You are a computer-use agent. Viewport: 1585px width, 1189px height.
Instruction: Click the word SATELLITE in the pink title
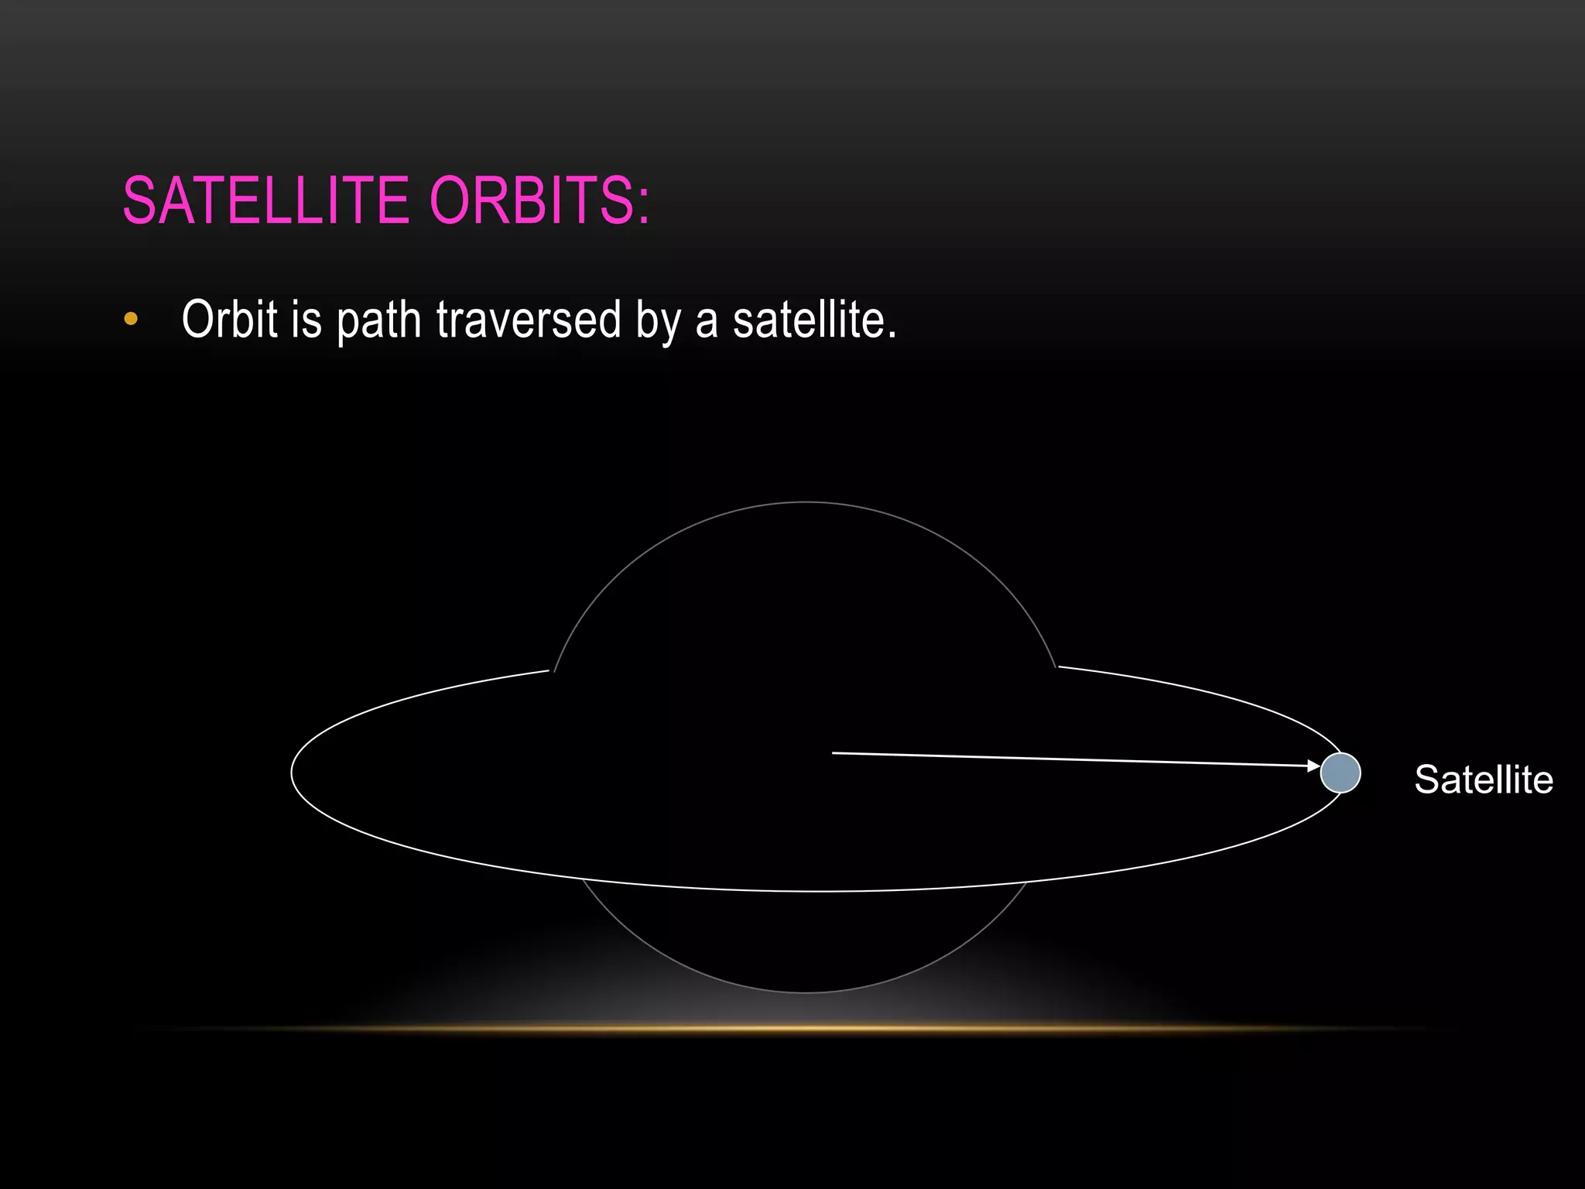[x=265, y=200]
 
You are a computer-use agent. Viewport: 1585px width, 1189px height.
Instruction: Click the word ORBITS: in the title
[x=539, y=200]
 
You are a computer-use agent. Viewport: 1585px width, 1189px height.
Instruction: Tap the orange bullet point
[x=131, y=319]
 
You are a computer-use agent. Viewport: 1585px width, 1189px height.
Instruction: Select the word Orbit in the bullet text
[x=229, y=319]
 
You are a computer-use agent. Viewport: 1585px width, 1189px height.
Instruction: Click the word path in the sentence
[x=378, y=320]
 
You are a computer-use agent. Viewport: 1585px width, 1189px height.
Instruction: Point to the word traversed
[x=529, y=319]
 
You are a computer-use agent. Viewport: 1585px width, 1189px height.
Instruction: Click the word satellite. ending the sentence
[x=814, y=319]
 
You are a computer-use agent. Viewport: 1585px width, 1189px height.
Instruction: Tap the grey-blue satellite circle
[x=1340, y=773]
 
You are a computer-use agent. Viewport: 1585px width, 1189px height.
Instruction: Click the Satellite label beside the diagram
[x=1483, y=780]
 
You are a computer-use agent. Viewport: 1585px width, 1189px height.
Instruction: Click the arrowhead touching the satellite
[x=1314, y=766]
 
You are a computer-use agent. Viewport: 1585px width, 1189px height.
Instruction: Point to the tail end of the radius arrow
[x=834, y=752]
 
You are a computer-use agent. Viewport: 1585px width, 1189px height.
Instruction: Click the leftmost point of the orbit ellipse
[x=292, y=772]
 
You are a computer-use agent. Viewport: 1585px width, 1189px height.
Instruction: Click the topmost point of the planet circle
[x=806, y=502]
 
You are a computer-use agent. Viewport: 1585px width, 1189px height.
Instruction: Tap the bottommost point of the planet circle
[x=806, y=992]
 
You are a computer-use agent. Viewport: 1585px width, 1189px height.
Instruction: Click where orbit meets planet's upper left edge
[x=553, y=670]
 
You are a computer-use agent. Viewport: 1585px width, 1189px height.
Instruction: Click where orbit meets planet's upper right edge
[x=1057, y=666]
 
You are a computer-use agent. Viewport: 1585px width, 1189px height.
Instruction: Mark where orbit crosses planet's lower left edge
[x=583, y=879]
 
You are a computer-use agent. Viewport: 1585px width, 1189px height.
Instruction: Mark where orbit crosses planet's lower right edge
[x=1027, y=881]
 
